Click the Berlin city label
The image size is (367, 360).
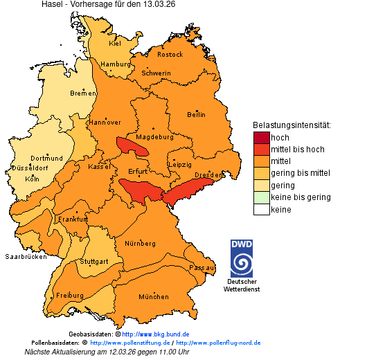pos(196,114)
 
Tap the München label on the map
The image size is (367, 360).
pos(154,297)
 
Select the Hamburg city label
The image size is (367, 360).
pos(116,64)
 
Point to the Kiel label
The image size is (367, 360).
pos(115,43)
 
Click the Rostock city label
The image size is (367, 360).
pos(170,55)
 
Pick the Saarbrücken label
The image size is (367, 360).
pos(26,256)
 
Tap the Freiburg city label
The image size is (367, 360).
pos(70,295)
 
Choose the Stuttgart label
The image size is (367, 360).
pos(94,262)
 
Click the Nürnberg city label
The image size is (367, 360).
pos(140,244)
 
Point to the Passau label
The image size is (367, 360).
pos(202,267)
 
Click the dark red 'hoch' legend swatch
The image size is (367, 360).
pos(261,138)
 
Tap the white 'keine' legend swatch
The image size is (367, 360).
pos(261,210)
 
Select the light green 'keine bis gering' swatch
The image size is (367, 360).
pos(261,197)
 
